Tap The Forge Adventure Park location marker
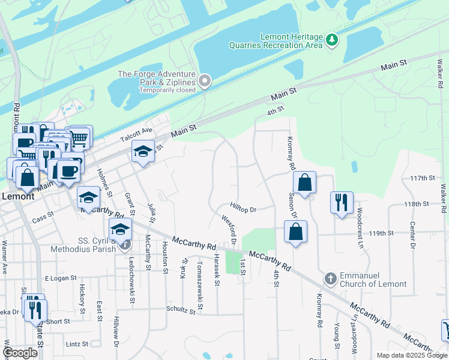(205, 80)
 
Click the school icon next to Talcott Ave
(143, 152)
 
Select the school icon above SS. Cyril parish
(120, 229)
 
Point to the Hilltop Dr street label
(243, 209)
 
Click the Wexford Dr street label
(230, 230)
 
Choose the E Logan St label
(61, 278)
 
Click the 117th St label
(422, 178)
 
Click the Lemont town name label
(17, 196)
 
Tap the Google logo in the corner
(20, 353)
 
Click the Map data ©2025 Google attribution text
(411, 355)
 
